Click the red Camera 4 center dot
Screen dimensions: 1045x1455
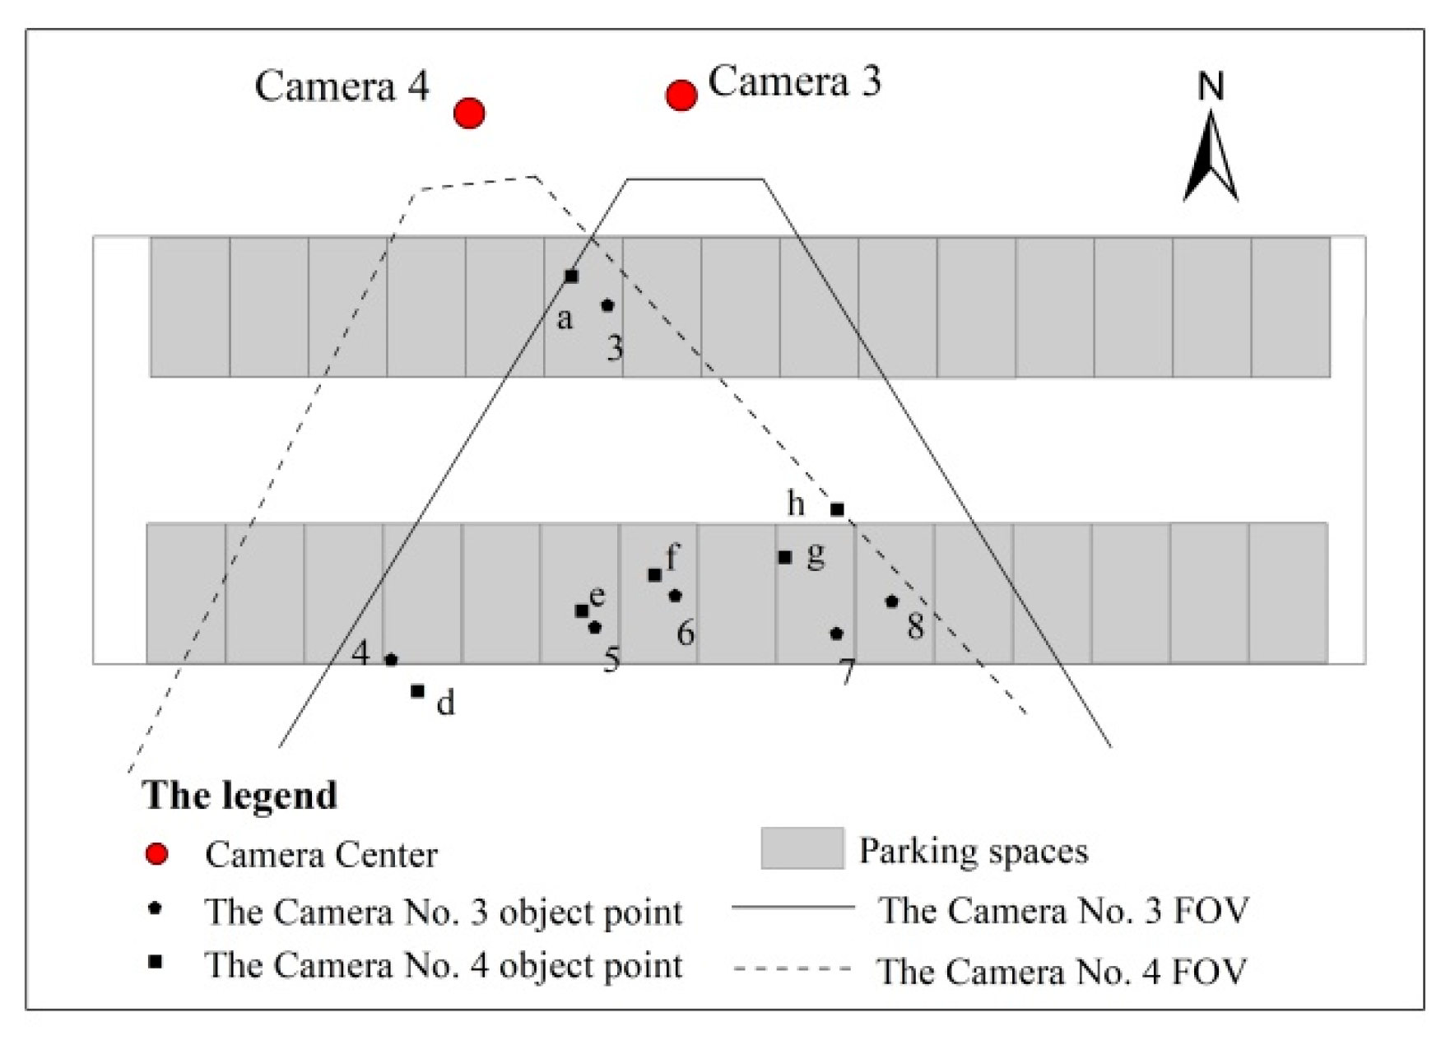(469, 113)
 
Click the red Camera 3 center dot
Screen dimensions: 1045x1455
(681, 95)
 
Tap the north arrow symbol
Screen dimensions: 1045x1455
(1211, 156)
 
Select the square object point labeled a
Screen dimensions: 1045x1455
(571, 276)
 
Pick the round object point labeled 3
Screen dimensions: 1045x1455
(607, 305)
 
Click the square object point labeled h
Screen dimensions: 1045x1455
(837, 509)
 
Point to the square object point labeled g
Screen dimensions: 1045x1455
(785, 557)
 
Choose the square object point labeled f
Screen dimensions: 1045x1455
(655, 574)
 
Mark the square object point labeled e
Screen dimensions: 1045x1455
(582, 611)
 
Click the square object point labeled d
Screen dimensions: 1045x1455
(418, 691)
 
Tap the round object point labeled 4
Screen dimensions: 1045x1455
(392, 659)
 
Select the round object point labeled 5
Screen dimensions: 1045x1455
(595, 627)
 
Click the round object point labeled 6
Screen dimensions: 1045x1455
(676, 595)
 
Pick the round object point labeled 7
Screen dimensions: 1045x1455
(837, 634)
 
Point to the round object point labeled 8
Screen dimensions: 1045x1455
(891, 601)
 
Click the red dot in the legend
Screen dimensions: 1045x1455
(156, 854)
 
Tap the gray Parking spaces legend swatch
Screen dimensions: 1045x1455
(802, 848)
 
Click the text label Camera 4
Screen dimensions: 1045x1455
(342, 86)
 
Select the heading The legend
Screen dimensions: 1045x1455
(239, 795)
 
